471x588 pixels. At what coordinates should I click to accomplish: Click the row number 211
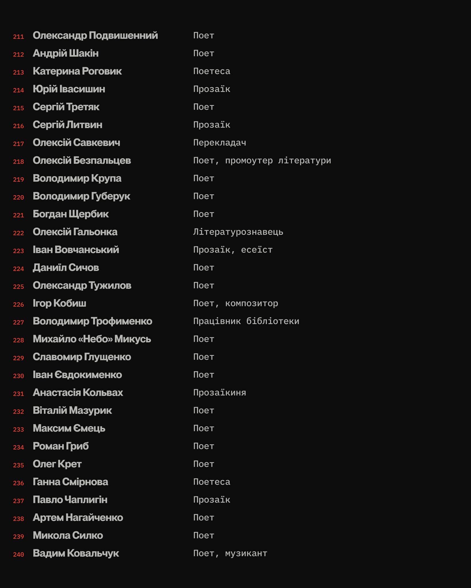pos(18,37)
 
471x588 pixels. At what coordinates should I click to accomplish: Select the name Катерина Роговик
pos(77,71)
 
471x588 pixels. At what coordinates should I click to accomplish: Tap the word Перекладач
pos(219,143)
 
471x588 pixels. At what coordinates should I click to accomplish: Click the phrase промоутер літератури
pos(278,160)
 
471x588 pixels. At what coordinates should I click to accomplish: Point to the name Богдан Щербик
pos(70,214)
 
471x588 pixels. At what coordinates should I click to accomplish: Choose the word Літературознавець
pos(238,232)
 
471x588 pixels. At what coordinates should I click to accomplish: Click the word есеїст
pos(256,250)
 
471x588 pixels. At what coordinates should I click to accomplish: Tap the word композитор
pos(251,303)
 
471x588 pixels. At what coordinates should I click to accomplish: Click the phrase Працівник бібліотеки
pos(246,321)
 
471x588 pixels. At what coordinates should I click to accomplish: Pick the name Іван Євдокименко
pos(77,375)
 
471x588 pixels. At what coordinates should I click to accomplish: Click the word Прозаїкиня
pos(219,392)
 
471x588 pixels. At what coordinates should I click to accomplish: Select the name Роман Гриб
pos(60,446)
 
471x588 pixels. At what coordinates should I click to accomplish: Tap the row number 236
pos(18,483)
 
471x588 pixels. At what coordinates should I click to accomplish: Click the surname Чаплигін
pos(86,500)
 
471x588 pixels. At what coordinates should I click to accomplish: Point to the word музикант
pos(246,553)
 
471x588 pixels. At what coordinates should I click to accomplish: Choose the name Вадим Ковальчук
pos(76,553)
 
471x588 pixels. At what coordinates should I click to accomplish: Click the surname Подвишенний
pos(123,36)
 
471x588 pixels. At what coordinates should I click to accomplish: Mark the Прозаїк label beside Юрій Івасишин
pos(212,89)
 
